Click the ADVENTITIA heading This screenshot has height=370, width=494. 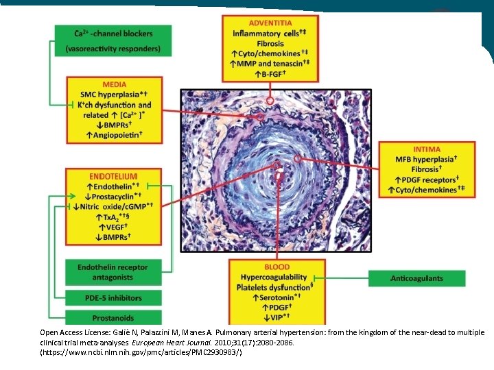(x=274, y=23)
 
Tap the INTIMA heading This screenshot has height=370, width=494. (x=427, y=149)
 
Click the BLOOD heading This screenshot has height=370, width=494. (x=277, y=267)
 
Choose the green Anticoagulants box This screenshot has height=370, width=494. (x=416, y=278)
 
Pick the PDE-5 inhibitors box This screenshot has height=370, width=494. (x=113, y=298)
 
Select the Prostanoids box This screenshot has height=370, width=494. (x=113, y=317)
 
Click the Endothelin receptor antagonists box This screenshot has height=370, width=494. (x=113, y=273)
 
